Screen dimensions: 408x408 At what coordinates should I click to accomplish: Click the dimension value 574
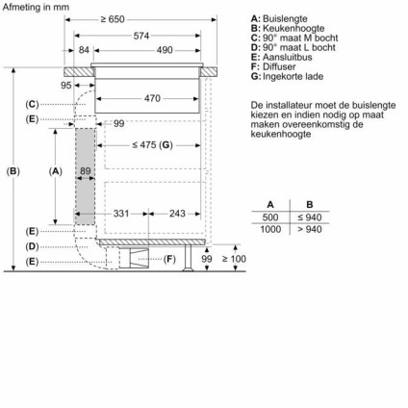click(x=141, y=36)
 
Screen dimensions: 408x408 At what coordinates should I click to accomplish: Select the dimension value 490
click(x=165, y=50)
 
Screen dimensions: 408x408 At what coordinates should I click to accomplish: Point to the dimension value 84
click(x=84, y=50)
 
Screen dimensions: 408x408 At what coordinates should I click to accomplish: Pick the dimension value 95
click(x=66, y=86)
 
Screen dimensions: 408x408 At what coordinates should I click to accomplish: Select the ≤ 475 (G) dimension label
click(x=152, y=144)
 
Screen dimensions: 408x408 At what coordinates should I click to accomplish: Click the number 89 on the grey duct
click(x=86, y=172)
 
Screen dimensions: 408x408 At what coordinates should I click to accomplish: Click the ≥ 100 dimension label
click(x=233, y=259)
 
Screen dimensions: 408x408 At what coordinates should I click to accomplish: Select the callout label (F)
click(x=169, y=259)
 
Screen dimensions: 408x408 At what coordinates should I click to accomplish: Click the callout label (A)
click(x=55, y=171)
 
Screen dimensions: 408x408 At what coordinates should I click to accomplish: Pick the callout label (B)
click(x=13, y=171)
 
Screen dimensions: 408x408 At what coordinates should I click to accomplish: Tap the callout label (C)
click(x=32, y=103)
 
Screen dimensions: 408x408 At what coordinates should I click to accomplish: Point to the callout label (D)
click(x=32, y=246)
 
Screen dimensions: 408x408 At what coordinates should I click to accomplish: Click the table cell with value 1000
click(x=270, y=230)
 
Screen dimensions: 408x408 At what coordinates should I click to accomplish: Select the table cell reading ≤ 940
click(x=310, y=217)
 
